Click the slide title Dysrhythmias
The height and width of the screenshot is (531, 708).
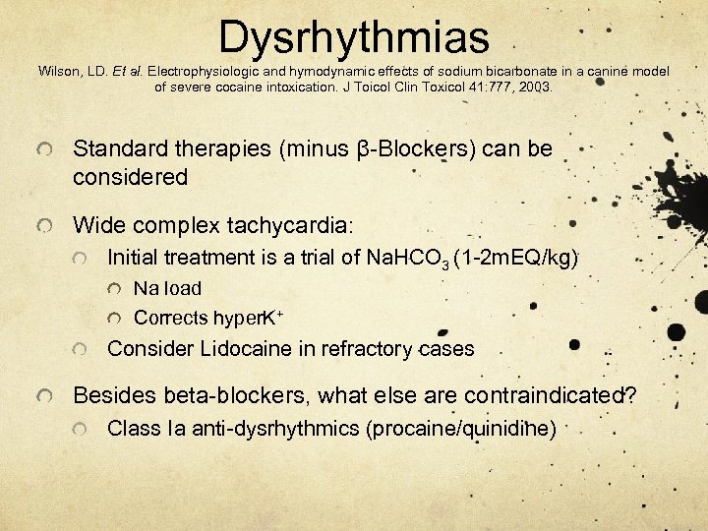click(354, 37)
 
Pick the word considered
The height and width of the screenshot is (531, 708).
click(130, 177)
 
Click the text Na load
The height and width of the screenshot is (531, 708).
click(167, 289)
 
